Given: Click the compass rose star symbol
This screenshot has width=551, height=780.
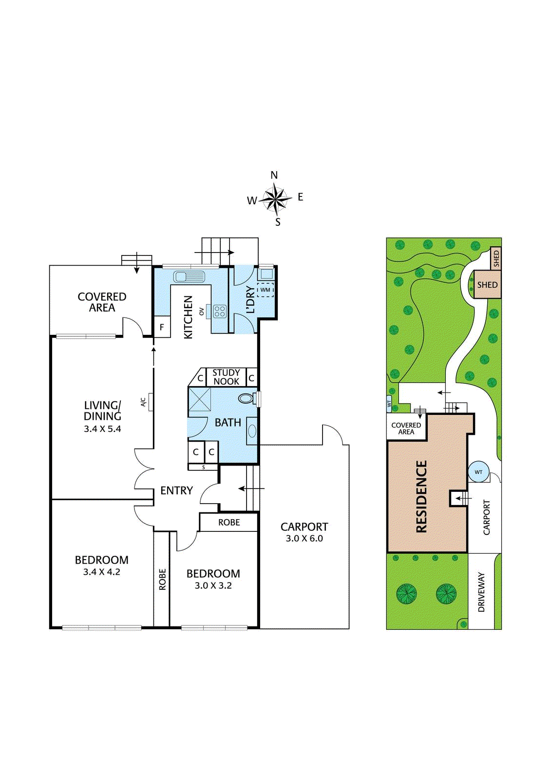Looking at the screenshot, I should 276,199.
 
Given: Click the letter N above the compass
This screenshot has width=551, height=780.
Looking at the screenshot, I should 274,175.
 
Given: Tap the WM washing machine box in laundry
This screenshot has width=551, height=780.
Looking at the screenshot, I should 265,290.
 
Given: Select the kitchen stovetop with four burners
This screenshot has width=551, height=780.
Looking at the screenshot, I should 220,311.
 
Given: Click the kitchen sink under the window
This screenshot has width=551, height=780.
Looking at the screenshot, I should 189,277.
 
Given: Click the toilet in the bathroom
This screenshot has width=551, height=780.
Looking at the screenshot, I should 247,398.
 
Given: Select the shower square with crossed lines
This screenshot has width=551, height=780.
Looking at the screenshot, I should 200,399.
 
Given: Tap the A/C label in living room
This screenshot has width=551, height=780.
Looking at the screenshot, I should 144,402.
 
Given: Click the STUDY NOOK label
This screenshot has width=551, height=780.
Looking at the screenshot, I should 226,377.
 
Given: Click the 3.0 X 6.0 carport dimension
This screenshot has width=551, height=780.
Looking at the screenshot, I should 304,539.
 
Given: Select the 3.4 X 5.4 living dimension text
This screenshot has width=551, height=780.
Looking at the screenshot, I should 102,429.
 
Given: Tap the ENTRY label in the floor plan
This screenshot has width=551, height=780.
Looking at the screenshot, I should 176,490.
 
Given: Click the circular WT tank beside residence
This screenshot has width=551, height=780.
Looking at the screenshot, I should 478,472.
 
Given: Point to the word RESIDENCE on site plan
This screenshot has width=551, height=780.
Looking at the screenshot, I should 421,496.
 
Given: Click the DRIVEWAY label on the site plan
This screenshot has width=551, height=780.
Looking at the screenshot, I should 481,592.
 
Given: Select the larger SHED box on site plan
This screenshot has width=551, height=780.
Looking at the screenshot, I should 487,285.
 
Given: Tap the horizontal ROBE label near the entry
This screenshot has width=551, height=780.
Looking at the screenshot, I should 229,523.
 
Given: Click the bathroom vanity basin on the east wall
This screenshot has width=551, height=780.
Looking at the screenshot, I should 252,431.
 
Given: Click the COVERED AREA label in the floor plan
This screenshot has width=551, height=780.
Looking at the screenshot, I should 102,302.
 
